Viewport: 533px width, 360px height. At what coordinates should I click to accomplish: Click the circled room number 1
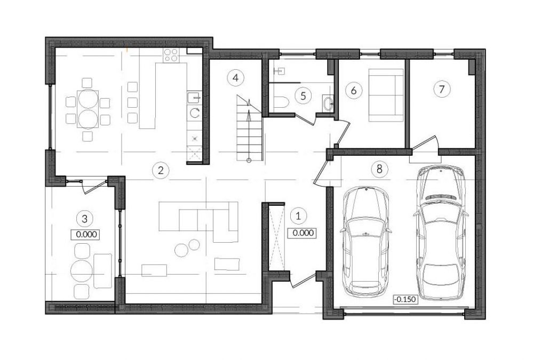[298, 216]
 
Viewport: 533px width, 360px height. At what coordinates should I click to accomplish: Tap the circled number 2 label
[161, 170]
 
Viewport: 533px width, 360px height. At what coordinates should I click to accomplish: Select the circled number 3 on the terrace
[85, 219]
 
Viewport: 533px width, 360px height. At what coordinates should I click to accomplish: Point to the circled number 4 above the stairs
[236, 78]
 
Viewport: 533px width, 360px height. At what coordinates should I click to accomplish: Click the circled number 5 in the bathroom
[303, 96]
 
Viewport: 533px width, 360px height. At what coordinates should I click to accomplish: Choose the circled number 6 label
[354, 91]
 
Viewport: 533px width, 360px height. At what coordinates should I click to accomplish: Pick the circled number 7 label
[442, 90]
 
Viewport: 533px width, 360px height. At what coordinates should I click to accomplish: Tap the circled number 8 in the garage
[379, 169]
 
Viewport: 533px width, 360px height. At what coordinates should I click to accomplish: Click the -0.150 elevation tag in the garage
[405, 300]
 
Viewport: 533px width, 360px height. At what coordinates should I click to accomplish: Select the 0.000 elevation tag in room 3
[85, 234]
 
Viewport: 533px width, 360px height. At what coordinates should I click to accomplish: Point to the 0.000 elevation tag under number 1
[301, 233]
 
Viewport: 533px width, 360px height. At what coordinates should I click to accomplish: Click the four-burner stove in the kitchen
[171, 55]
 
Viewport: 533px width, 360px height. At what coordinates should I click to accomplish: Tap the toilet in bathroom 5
[281, 102]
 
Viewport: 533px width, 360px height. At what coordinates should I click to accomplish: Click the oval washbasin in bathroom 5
[328, 103]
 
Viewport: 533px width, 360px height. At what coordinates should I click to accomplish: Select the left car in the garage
[365, 242]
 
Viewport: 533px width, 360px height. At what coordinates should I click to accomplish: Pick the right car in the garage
[440, 233]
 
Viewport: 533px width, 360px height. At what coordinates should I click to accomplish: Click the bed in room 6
[386, 95]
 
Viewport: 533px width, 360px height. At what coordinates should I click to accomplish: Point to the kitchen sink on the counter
[194, 97]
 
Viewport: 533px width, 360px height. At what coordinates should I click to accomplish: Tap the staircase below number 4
[250, 129]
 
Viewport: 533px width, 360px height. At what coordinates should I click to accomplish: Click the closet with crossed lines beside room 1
[277, 238]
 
